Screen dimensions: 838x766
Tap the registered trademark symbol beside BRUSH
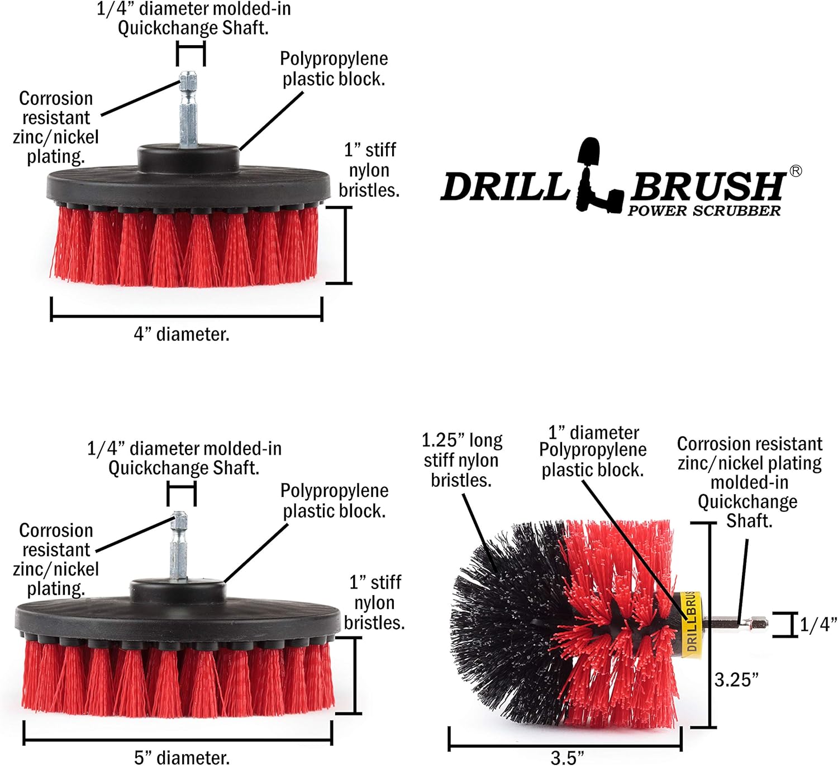[796, 171]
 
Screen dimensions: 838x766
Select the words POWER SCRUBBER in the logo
[703, 211]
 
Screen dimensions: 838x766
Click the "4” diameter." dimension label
[182, 334]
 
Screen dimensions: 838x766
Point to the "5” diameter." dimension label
[182, 758]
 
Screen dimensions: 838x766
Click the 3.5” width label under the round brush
[567, 758]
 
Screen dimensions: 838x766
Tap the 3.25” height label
[736, 679]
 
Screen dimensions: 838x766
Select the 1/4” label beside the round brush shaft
[818, 625]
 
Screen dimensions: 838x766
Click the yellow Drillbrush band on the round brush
[692, 624]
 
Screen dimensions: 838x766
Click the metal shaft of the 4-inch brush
[188, 109]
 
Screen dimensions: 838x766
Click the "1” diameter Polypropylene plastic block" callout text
[593, 451]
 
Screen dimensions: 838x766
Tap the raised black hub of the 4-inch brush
[188, 157]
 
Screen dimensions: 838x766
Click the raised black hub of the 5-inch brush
[178, 591]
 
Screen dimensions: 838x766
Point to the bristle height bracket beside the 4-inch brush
[345, 245]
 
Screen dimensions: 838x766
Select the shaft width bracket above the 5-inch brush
[182, 494]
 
